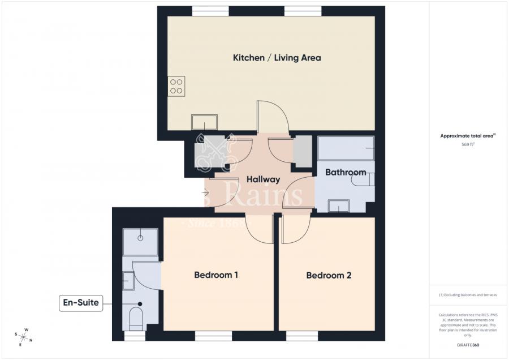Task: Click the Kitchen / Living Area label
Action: coord(277,58)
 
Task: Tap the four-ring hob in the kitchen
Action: coord(176,86)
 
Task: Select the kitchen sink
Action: coord(204,122)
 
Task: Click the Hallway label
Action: coord(263,179)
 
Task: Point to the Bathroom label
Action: coord(345,172)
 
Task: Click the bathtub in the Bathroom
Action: coord(345,148)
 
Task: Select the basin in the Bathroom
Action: coord(338,206)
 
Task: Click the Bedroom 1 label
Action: coord(215,275)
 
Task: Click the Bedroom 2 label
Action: coord(329,276)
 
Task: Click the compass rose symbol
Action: coord(24,337)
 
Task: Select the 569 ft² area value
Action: coord(468,144)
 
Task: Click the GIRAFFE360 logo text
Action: coord(468,344)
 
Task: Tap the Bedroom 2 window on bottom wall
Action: coord(301,336)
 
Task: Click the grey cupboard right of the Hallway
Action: coord(303,151)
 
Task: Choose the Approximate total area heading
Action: coord(468,136)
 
